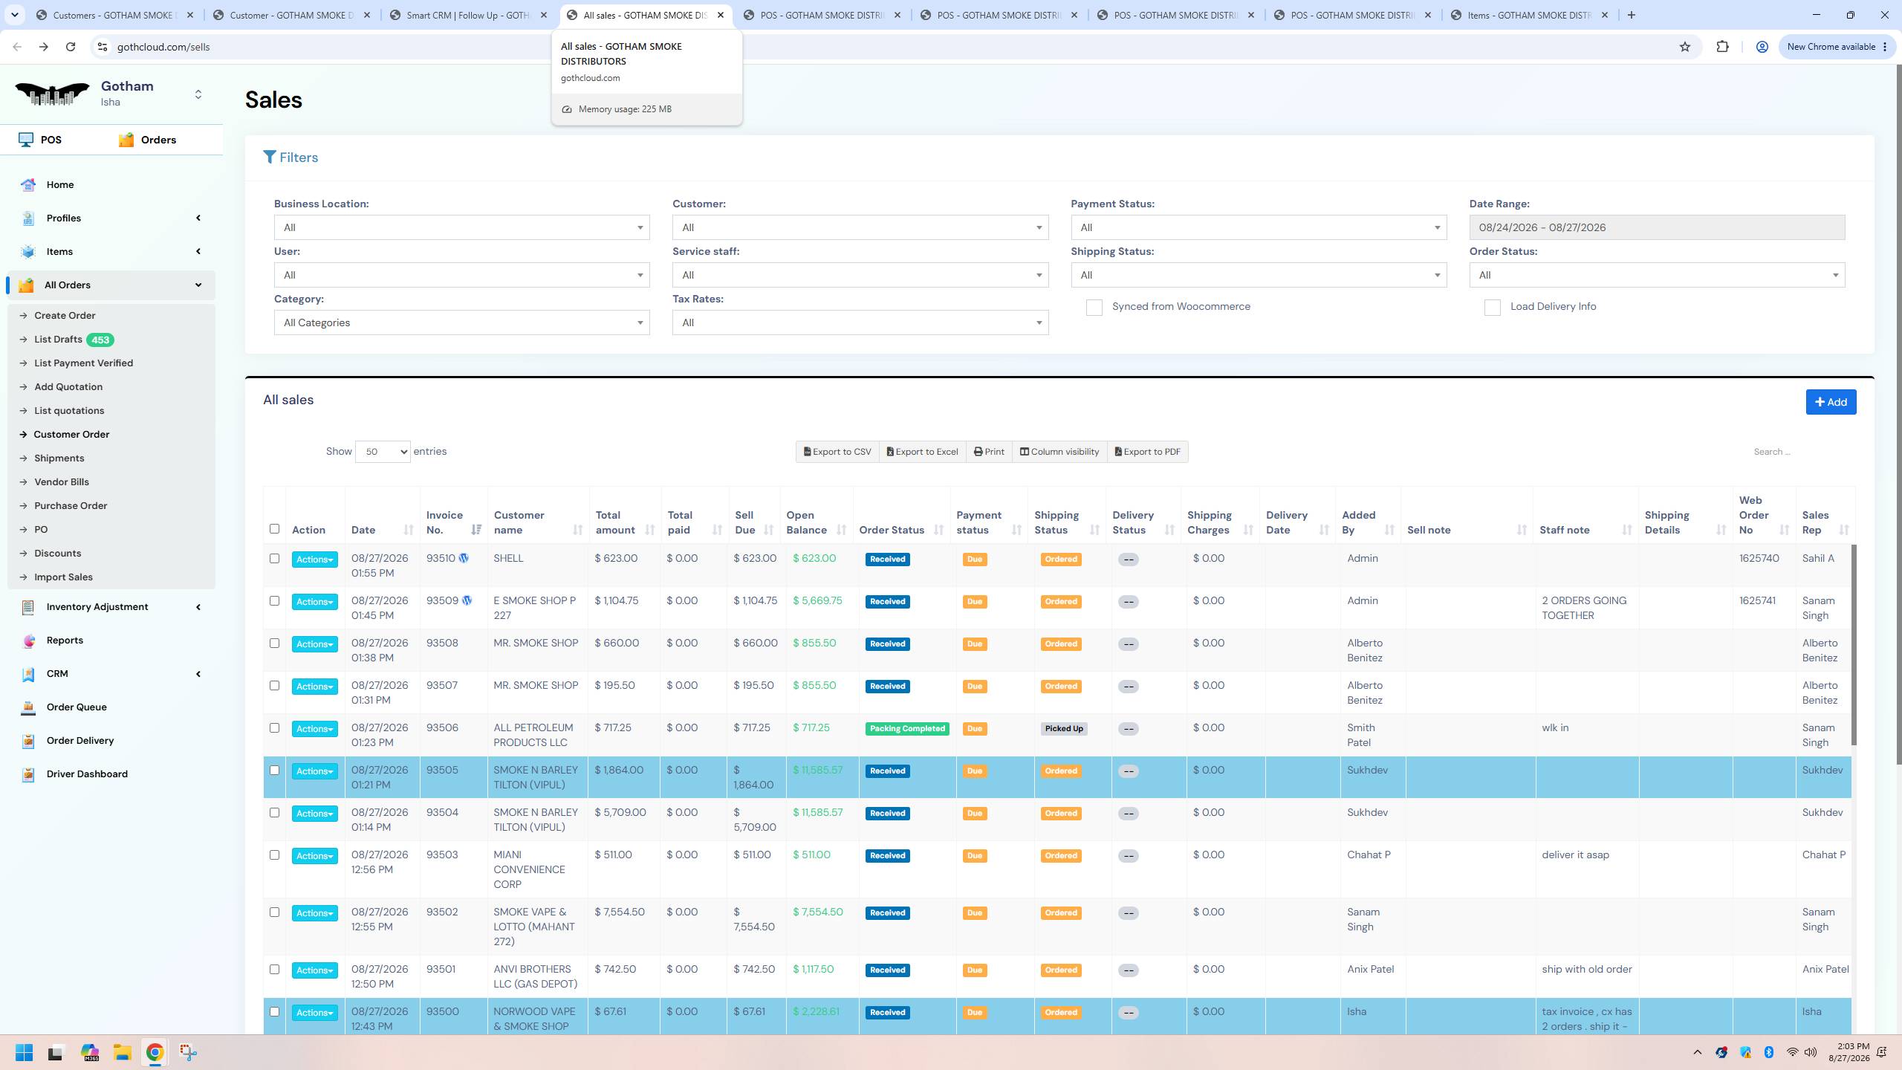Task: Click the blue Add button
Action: (x=1831, y=402)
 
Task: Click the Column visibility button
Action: (x=1059, y=452)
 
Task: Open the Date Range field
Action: (x=1656, y=227)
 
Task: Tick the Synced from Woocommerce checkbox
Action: (x=1094, y=308)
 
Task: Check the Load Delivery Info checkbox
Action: (x=1492, y=308)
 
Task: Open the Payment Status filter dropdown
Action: (x=1259, y=227)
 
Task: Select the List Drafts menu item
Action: (x=58, y=340)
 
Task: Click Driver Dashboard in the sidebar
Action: (x=87, y=774)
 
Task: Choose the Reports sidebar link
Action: (x=65, y=641)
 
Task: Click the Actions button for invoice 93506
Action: (x=314, y=729)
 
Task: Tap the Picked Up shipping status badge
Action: (x=1064, y=729)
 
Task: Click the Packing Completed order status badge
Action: (x=907, y=729)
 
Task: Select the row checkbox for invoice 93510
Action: (x=274, y=559)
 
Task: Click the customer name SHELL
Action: (x=508, y=559)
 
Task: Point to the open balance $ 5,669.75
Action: (x=817, y=601)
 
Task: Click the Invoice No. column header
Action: (x=444, y=522)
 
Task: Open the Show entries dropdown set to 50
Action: (x=383, y=452)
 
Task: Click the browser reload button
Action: (x=71, y=47)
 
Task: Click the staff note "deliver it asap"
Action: (x=1575, y=855)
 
